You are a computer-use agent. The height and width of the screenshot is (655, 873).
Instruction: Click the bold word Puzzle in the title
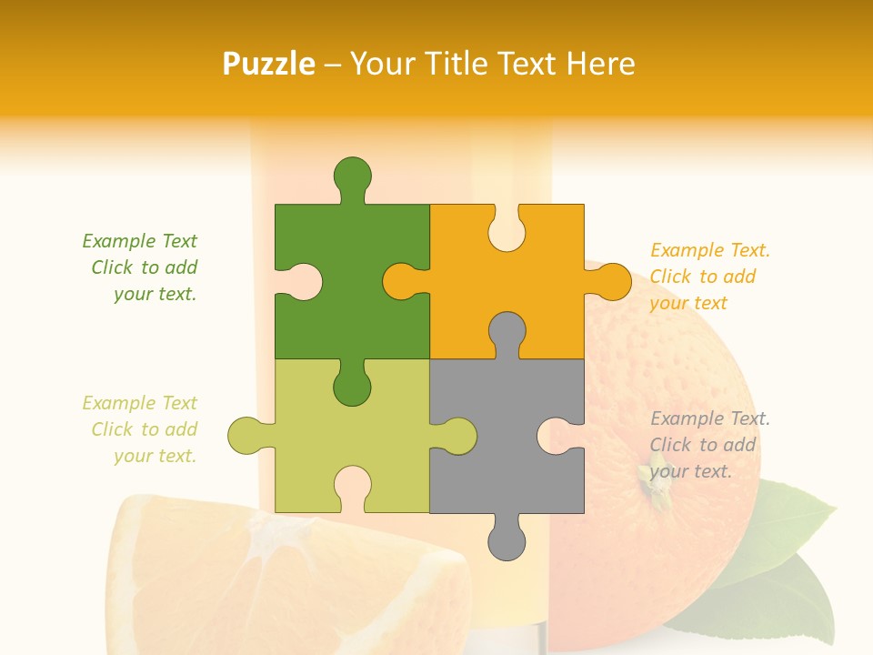pyautogui.click(x=269, y=64)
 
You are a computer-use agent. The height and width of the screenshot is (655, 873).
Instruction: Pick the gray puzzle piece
pyautogui.click(x=507, y=437)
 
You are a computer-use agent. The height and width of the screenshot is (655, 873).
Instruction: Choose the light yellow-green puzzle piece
pyautogui.click(x=352, y=437)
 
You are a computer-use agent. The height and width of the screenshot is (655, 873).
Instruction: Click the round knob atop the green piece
pyautogui.click(x=353, y=176)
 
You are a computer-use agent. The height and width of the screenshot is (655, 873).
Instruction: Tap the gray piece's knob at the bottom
pyautogui.click(x=507, y=541)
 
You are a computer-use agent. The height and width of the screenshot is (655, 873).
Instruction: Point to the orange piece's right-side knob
pyautogui.click(x=612, y=281)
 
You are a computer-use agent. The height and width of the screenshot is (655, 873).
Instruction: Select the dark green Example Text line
pyautogui.click(x=140, y=241)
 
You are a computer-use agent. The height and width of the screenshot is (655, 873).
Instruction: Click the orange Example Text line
pyautogui.click(x=710, y=250)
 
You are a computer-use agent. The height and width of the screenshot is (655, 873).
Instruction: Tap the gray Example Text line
pyautogui.click(x=710, y=418)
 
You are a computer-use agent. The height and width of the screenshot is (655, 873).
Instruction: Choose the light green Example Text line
pyautogui.click(x=140, y=403)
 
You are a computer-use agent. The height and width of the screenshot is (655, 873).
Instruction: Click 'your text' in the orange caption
pyautogui.click(x=688, y=303)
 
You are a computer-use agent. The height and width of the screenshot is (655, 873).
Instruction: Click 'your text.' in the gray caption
pyautogui.click(x=691, y=471)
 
